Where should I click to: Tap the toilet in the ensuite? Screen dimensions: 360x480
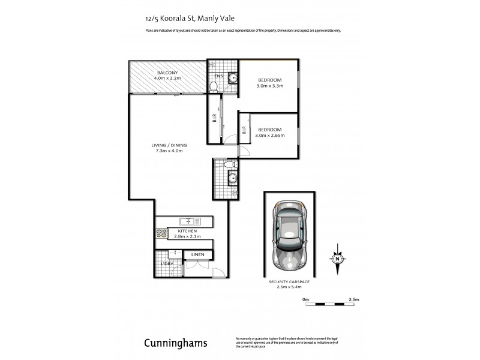pos(213,86)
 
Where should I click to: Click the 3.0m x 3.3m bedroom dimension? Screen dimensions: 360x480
pos(270,86)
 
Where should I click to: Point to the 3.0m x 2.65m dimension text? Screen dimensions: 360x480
pos(269,136)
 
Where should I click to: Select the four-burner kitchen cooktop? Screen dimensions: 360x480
pos(161,232)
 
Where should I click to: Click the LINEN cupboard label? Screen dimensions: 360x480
pos(197,255)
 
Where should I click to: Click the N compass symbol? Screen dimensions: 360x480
pos(337,259)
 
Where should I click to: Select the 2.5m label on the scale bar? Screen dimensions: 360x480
pos(353,299)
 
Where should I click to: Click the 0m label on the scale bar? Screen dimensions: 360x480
pos(305,299)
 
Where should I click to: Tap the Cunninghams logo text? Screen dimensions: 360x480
pos(176,343)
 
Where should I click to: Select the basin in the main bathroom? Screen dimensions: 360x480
pos(232,177)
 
